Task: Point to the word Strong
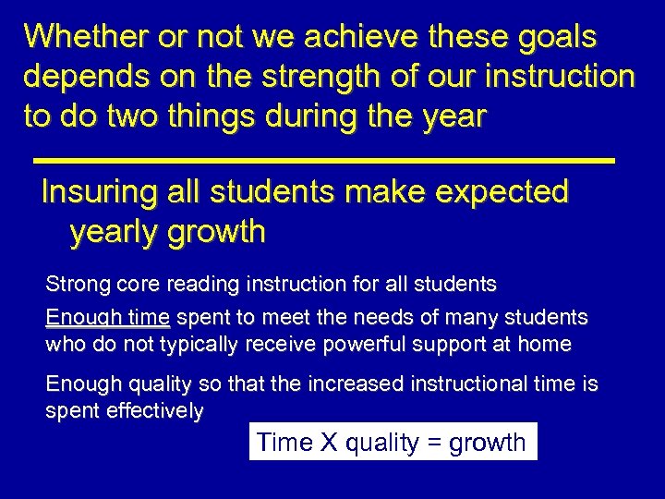click(x=74, y=284)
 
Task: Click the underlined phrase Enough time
click(x=107, y=319)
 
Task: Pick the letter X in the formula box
click(x=328, y=443)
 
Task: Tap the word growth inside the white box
click(x=487, y=444)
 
